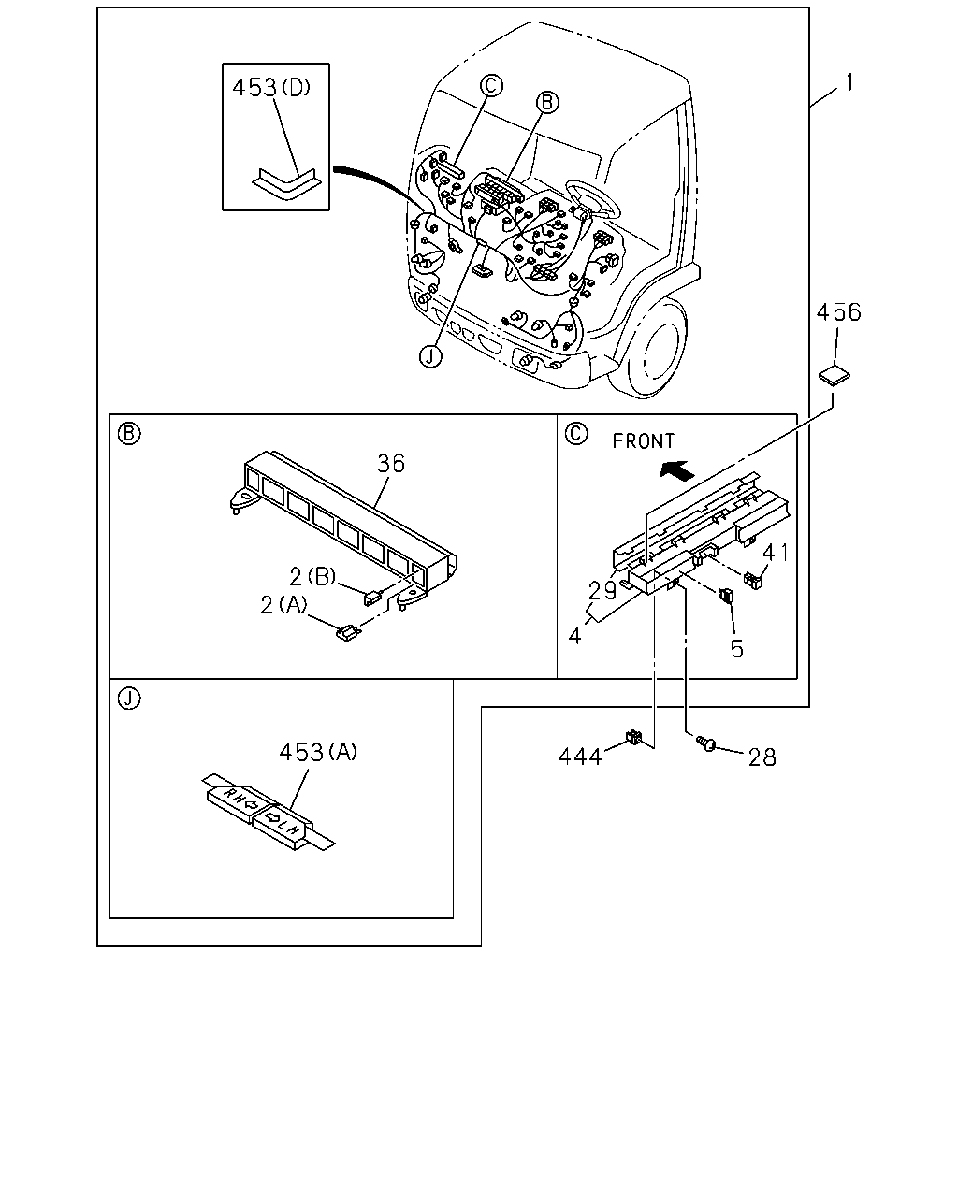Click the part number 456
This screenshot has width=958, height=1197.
pos(838,312)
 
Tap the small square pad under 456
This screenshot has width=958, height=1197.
pos(835,375)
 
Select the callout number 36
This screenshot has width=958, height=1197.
pos(391,463)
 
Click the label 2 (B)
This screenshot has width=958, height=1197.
pos(312,576)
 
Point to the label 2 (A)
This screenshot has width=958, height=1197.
pos(283,605)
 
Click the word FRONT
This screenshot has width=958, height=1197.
pos(644,441)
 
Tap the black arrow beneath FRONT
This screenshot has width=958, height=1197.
pos(677,470)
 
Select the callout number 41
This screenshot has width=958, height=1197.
pos(776,553)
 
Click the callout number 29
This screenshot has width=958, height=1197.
pos(602,590)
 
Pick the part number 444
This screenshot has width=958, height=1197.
pos(580,757)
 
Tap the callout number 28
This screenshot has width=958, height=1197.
pos(762,757)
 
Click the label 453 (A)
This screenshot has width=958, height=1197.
pos(318,752)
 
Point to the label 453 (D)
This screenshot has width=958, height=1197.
pos(271,87)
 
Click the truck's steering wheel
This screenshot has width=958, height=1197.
pos(592,199)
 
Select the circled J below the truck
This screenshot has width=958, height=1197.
pos(430,356)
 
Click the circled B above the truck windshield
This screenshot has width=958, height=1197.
pos(547,102)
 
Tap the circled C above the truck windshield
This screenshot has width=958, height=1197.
pos(491,86)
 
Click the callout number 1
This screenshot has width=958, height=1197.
pos(849,83)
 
